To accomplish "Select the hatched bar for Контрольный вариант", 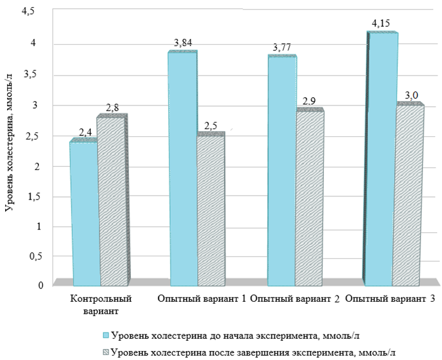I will [113, 201].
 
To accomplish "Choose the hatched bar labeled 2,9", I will [310, 198].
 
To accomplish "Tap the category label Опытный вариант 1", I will [201, 299].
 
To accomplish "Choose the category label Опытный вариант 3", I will [391, 299].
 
